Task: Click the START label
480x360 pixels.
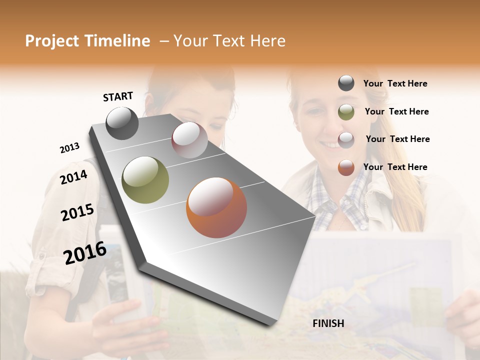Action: (118, 96)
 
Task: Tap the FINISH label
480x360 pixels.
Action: (328, 323)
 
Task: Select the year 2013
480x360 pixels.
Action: (69, 148)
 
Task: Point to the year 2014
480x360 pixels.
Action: (73, 177)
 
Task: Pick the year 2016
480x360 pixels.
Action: (84, 253)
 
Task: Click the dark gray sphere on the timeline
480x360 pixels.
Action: (122, 123)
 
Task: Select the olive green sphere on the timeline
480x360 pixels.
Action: (145, 180)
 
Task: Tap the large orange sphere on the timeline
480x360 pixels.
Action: (216, 207)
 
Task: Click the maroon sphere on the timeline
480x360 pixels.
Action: (189, 140)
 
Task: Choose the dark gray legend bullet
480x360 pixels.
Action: (346, 83)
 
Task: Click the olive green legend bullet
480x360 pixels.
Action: (346, 112)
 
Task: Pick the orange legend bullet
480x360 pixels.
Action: (346, 167)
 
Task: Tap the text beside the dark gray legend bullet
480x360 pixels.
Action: (395, 84)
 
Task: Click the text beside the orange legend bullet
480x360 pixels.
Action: (395, 167)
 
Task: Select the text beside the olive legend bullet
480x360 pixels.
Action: (396, 111)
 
